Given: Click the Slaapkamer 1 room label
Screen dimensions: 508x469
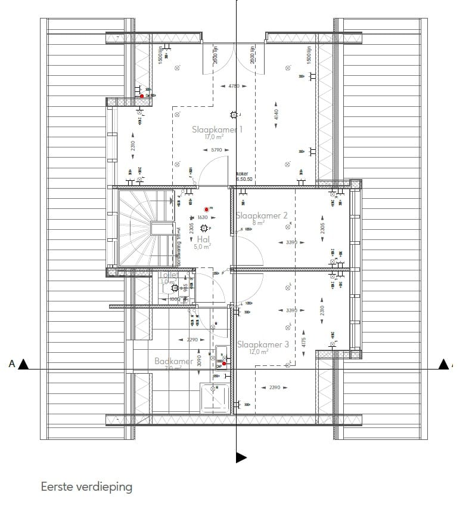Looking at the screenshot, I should pos(218,129).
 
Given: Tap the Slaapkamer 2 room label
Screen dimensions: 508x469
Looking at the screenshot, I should pos(262,215).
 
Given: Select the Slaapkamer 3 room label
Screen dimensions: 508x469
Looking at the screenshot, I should pos(263,344).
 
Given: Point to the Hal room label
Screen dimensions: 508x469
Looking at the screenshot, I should pos(203,239).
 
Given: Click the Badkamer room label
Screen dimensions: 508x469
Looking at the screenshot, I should pos(173,361).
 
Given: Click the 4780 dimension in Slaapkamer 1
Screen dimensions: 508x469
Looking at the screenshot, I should pos(234,86).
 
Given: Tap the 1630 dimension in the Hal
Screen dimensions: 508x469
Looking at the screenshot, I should pos(202,218).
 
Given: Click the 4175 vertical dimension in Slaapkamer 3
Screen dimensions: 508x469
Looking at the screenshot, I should pos(303,343).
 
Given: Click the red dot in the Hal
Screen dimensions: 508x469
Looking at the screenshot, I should pos(207,209).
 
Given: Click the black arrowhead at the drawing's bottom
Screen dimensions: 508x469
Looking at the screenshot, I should pos(241,457).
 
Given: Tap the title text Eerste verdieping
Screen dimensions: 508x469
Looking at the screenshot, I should pos(86,487).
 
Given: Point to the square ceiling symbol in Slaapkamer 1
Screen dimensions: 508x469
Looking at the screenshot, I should pos(234,115).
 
